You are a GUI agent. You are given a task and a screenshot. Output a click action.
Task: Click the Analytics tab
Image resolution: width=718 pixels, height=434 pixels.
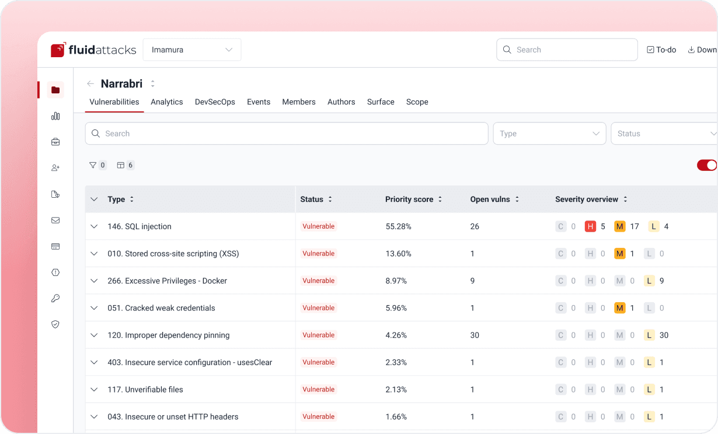click(167, 102)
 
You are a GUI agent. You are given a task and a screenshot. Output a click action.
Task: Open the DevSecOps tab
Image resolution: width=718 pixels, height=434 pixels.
click(215, 102)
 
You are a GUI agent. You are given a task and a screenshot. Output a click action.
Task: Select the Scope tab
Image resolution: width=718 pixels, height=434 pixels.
click(417, 102)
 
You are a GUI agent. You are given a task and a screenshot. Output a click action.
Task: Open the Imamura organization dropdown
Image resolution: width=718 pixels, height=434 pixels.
click(191, 50)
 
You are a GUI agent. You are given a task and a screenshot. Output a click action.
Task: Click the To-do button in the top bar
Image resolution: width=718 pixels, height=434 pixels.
click(661, 50)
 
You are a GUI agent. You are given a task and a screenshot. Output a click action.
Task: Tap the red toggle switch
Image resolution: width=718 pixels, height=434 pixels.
click(706, 165)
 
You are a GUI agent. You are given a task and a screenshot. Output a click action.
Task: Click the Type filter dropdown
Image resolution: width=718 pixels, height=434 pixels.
click(549, 134)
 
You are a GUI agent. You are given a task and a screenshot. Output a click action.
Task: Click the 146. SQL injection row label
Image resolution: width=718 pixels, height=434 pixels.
click(140, 226)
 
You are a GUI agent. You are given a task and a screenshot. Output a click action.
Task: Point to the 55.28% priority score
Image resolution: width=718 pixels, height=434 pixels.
click(398, 226)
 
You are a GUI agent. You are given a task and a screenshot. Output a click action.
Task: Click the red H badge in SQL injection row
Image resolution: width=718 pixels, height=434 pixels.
click(590, 226)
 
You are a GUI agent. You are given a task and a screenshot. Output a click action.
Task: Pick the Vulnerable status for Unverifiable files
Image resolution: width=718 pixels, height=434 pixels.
click(318, 390)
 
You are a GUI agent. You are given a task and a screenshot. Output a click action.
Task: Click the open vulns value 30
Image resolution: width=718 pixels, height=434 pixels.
click(475, 335)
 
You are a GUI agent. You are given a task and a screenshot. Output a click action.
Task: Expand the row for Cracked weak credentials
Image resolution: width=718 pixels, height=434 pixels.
click(94, 308)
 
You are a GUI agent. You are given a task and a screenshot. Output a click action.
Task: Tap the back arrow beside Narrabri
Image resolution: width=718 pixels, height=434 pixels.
click(90, 83)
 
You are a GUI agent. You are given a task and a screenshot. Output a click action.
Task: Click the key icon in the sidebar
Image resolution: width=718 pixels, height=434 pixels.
click(55, 298)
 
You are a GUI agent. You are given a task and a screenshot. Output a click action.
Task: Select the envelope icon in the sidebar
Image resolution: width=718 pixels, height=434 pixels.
click(55, 220)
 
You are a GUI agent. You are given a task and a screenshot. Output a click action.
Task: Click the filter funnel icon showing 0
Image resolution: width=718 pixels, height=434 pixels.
click(93, 165)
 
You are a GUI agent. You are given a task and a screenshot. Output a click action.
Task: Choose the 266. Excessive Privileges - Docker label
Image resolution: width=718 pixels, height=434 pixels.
click(167, 281)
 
